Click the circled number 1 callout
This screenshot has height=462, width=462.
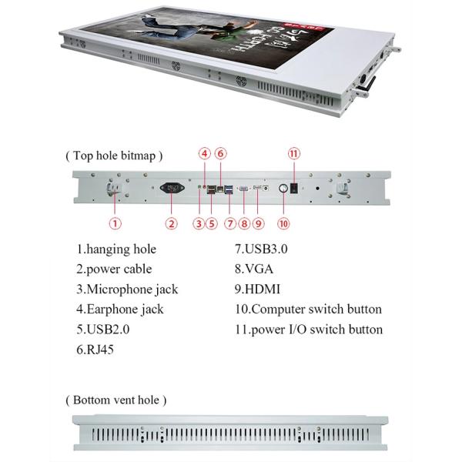coord(115,224)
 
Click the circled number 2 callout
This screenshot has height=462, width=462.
coord(172,224)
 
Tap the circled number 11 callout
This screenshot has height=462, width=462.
coord(293,153)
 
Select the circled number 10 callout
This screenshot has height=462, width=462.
coord(283,224)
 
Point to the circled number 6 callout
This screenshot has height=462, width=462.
coord(220,153)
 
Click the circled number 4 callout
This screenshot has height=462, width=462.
coord(204,153)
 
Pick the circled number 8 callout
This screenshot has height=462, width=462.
coord(244,224)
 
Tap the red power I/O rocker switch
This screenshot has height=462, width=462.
coord(293,187)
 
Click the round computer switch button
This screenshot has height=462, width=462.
coord(283,187)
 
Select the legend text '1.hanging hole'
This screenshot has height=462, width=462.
coord(115,249)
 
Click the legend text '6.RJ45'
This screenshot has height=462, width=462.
coord(96,349)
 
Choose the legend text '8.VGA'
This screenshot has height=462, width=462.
coord(254,269)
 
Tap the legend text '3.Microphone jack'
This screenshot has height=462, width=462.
coord(126,289)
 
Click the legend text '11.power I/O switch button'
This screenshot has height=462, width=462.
coord(308,329)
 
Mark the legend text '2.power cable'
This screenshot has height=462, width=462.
coord(114,269)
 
